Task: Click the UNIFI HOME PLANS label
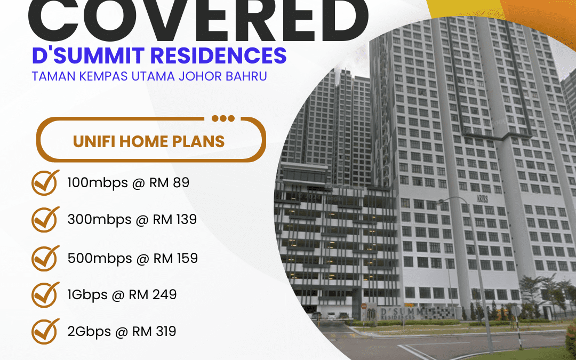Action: tap(149, 141)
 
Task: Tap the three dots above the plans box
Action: tap(222, 118)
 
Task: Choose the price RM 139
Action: tap(175, 219)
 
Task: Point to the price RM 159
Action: tap(175, 259)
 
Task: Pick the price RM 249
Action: tap(153, 294)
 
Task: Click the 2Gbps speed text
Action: tap(87, 332)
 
